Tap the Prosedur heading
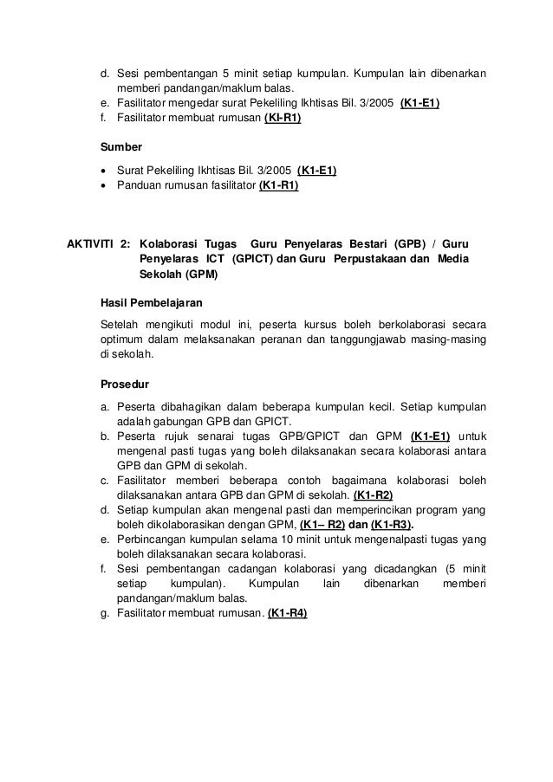point(127,385)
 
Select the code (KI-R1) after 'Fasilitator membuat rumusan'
point(283,119)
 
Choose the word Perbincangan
point(153,540)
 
